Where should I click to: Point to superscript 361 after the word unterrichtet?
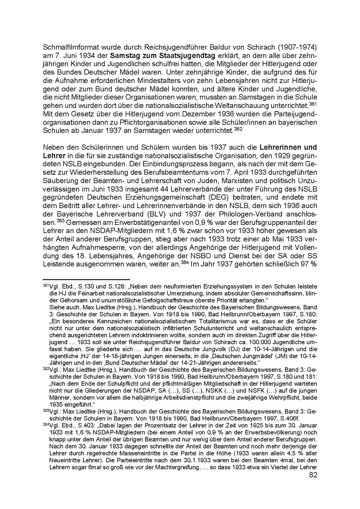[x=313, y=104]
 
